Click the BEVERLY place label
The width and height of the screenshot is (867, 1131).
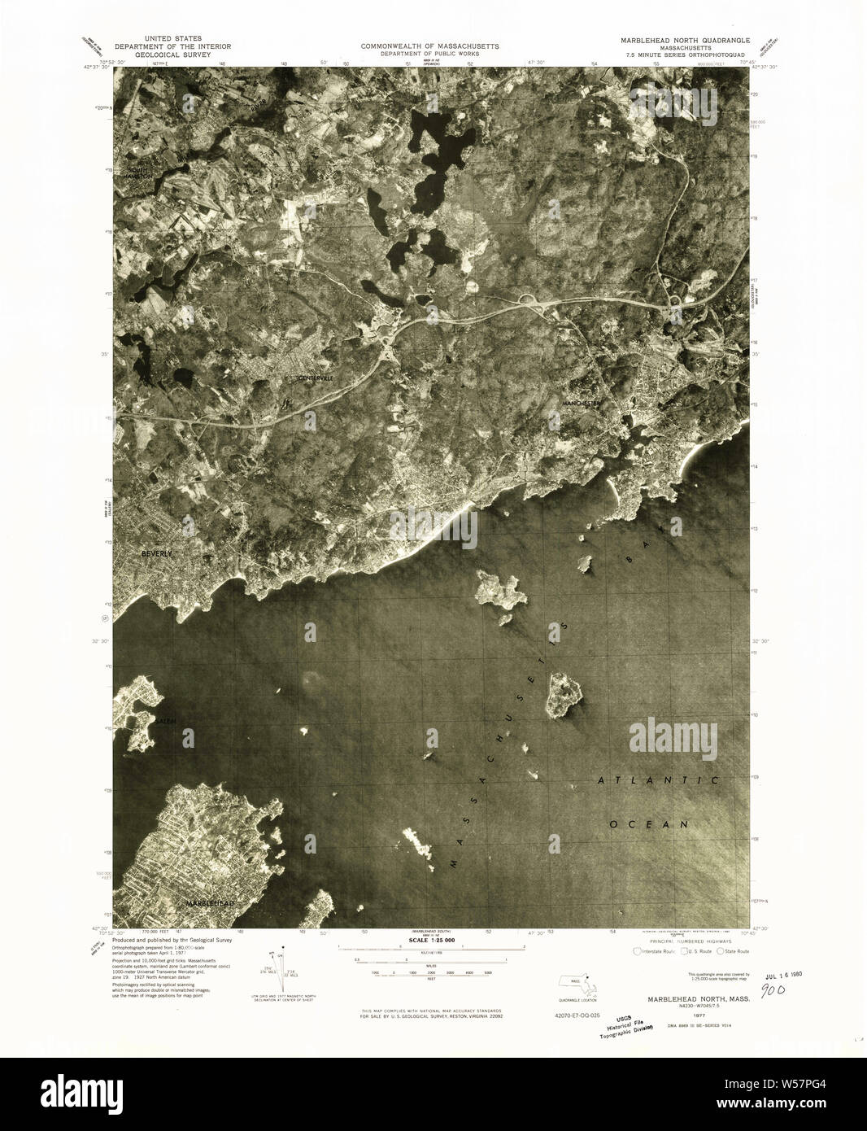pyautogui.click(x=157, y=553)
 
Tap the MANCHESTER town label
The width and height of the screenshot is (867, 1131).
pyautogui.click(x=585, y=403)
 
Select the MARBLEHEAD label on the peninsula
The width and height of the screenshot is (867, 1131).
pyautogui.click(x=210, y=904)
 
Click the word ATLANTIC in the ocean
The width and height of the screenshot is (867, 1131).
pyautogui.click(x=659, y=780)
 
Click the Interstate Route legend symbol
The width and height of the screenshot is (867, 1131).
pyautogui.click(x=637, y=950)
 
